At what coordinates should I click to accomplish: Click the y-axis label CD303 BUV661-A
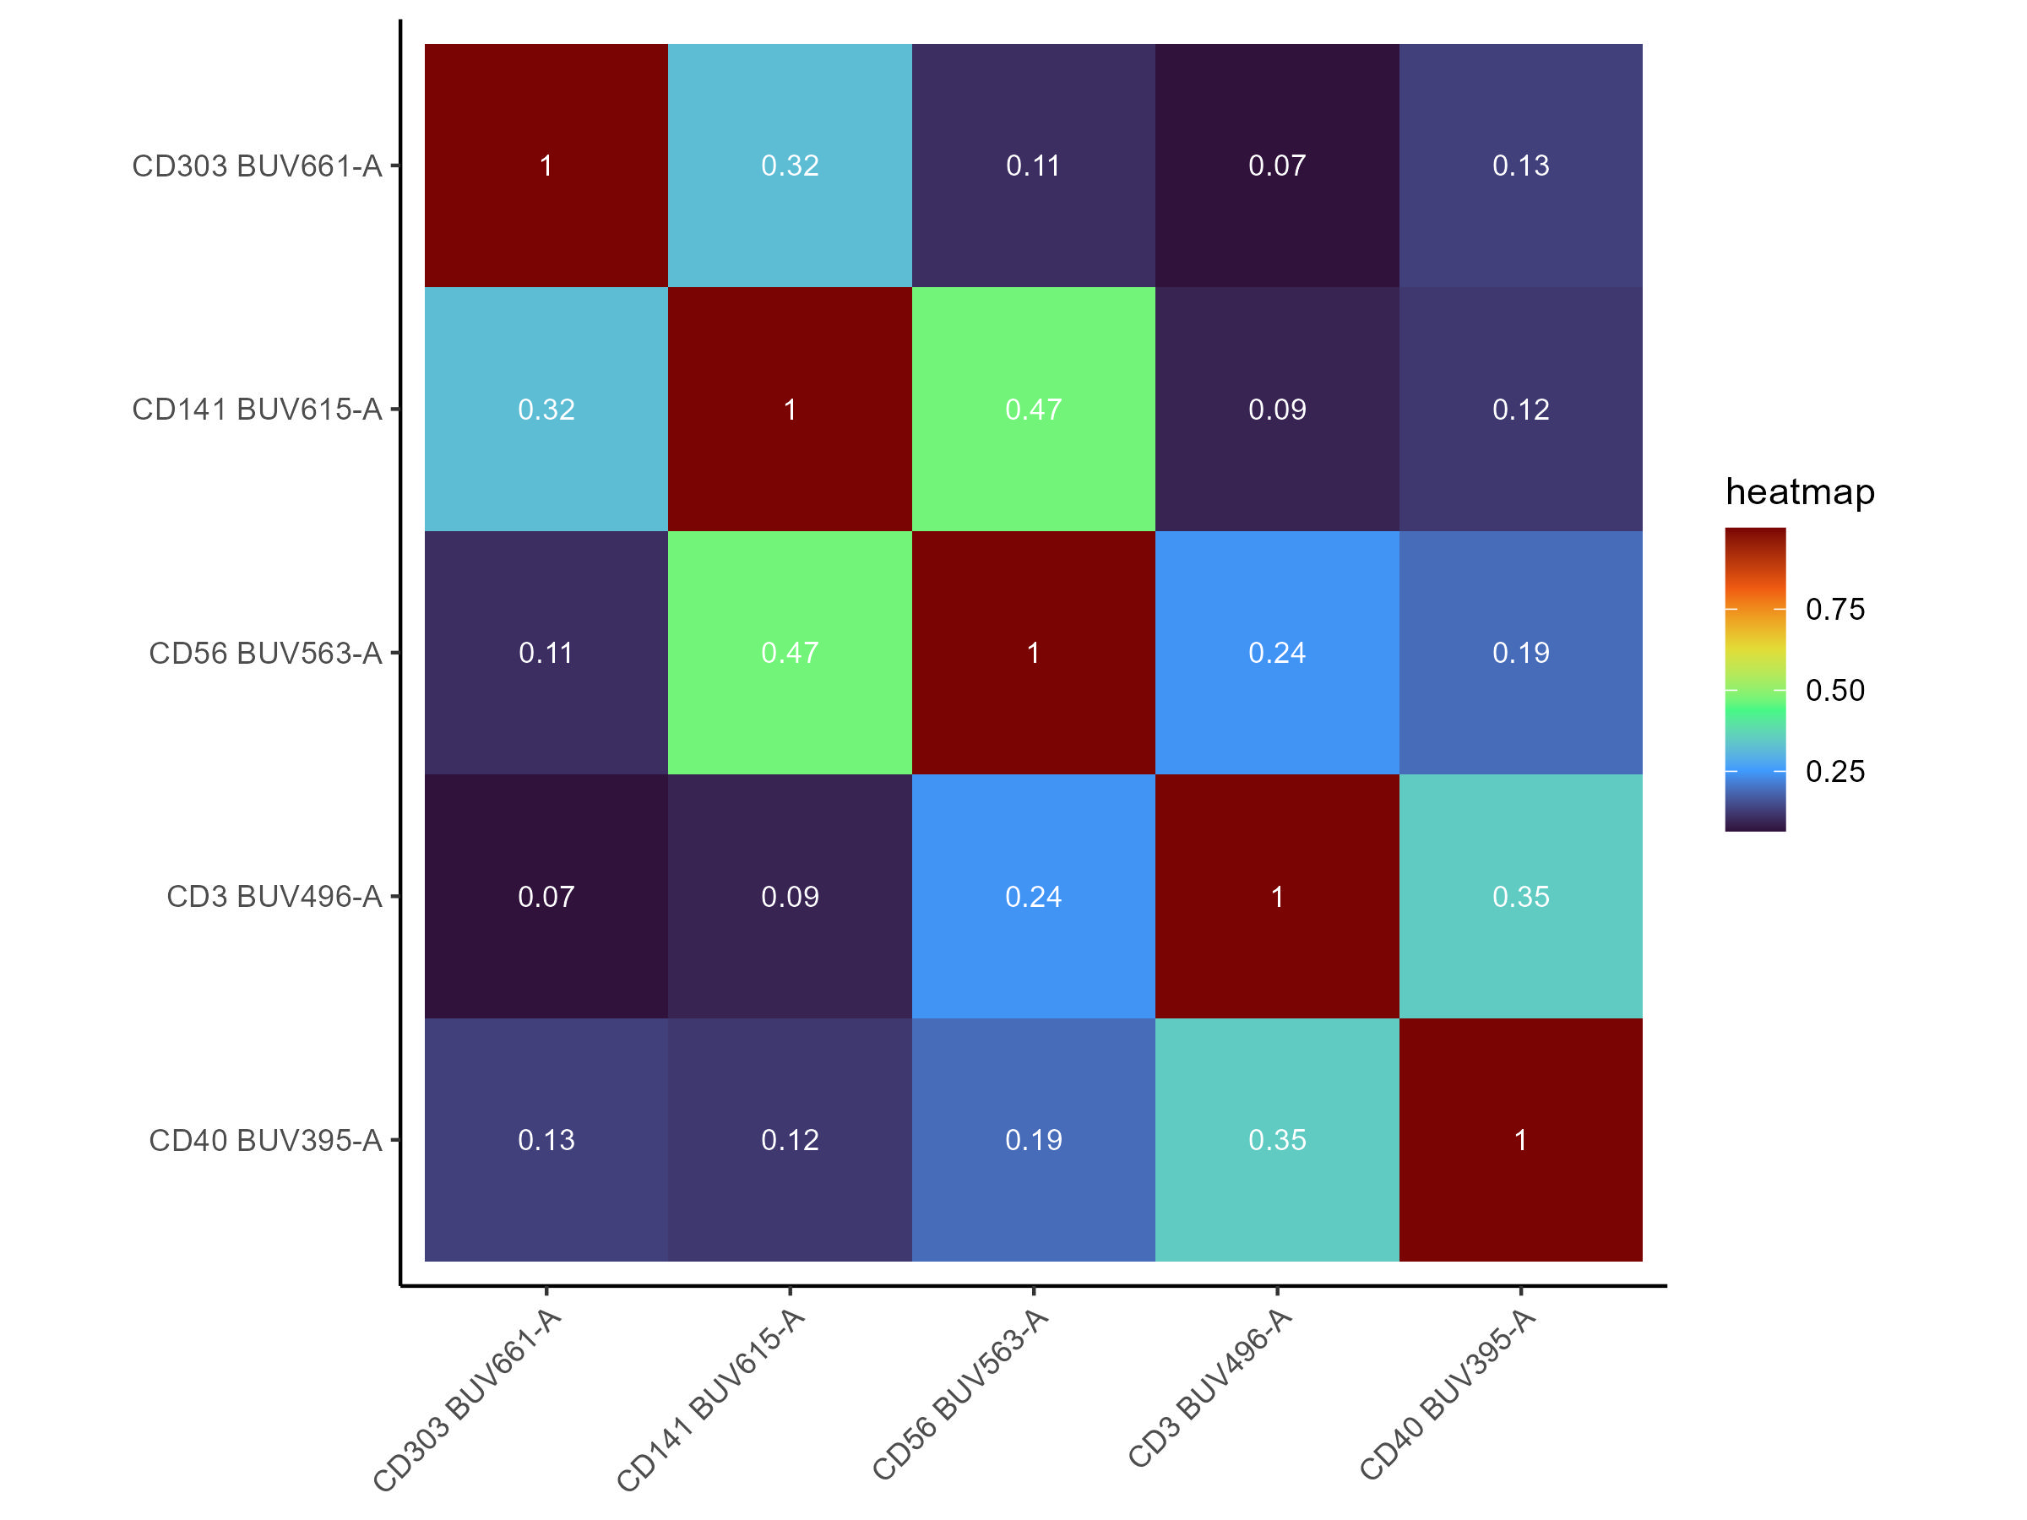pos(257,166)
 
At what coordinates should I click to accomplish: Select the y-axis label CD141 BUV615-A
pos(257,410)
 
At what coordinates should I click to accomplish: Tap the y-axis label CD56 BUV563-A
pos(265,654)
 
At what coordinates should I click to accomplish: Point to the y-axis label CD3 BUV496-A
pos(274,897)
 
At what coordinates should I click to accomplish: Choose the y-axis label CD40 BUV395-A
pos(265,1141)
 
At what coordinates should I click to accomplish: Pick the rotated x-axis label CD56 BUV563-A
pos(960,1393)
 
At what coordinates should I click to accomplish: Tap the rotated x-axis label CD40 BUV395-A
pos(1448,1393)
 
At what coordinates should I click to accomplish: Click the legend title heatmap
pos(1800,492)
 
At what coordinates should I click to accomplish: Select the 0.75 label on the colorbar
pos(1834,610)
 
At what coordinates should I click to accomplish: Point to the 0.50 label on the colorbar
pos(1834,690)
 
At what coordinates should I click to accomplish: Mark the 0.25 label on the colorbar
pos(1834,772)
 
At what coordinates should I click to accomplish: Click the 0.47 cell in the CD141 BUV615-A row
pos(1034,410)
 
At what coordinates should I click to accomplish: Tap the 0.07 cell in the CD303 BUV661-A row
pos(1276,166)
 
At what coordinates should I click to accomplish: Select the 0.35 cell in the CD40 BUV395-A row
pos(1276,1141)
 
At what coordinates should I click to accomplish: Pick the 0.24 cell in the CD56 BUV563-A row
pos(1276,654)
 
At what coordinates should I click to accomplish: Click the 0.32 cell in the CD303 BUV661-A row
pos(790,166)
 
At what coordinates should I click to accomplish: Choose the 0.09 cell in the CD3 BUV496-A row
pos(790,897)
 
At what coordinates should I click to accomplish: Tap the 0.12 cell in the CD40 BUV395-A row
pos(790,1141)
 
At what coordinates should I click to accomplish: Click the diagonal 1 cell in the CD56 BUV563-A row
pos(1034,654)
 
